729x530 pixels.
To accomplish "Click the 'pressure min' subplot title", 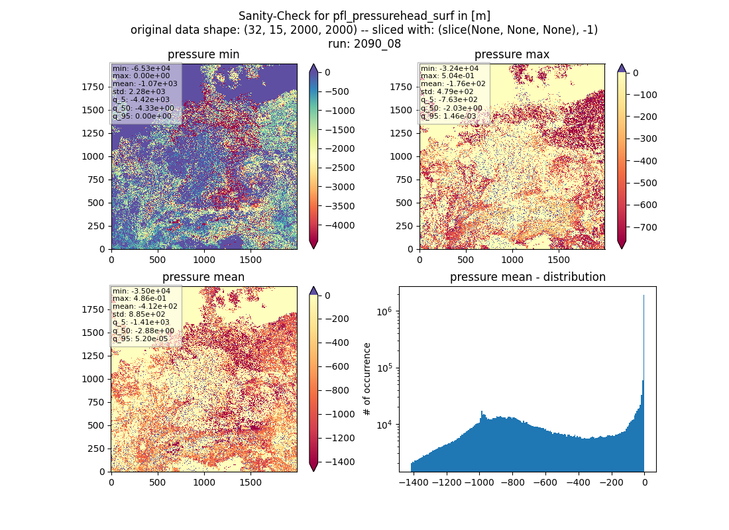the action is (x=203, y=54).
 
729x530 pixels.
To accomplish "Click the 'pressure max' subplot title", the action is (x=512, y=54).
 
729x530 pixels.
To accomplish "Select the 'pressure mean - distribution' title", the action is (x=528, y=277).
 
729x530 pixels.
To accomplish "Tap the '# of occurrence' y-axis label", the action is (x=367, y=380).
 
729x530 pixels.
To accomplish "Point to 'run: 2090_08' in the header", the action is (x=364, y=44).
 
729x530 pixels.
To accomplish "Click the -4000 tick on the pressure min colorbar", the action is (x=340, y=225).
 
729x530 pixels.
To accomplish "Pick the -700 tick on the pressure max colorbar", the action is (x=642, y=227).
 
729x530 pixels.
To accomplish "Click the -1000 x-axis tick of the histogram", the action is (x=479, y=482).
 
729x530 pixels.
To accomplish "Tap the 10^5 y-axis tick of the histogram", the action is (x=384, y=368).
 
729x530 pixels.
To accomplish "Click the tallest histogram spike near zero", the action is (x=644, y=383).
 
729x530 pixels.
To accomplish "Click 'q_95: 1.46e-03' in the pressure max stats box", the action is (x=448, y=116).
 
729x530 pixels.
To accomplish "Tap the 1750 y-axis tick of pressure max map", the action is (x=401, y=87).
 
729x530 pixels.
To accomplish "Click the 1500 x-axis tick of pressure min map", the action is (x=251, y=260).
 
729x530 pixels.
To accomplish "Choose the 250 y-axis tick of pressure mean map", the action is (x=98, y=449).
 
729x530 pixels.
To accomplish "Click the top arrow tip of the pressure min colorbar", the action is (x=313, y=64).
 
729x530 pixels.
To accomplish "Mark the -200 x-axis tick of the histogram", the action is (x=612, y=482).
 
